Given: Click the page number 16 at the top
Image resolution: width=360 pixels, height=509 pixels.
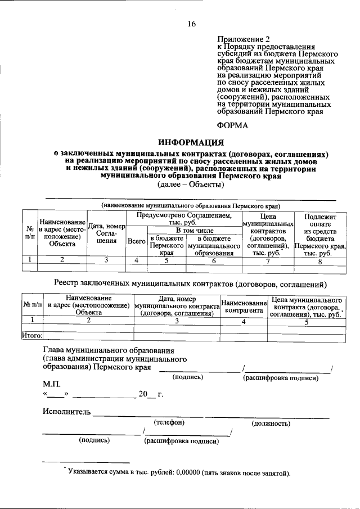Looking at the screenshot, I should pos(192,24).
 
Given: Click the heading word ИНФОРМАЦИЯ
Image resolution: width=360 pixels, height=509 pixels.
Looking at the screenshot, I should pos(191,142).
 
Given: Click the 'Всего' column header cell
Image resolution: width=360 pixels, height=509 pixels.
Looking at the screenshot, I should pos(137,241).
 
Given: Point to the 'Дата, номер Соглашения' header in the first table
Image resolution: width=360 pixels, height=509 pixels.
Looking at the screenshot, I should pos(106,233).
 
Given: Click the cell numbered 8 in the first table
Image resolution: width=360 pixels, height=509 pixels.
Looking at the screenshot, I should pos(320,260).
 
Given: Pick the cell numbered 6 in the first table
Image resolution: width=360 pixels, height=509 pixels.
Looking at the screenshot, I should pos(214,260).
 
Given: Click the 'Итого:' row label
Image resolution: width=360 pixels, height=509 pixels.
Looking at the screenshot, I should pos(33,336).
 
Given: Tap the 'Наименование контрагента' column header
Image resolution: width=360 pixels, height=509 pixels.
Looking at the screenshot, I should pos(244,307).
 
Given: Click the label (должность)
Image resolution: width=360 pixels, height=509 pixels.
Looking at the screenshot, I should pos(271,423).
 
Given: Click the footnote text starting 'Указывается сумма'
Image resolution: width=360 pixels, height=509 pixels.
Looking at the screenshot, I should pos(178,472).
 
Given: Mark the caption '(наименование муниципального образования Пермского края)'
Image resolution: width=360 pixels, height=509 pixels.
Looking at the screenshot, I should pos(190,205).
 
